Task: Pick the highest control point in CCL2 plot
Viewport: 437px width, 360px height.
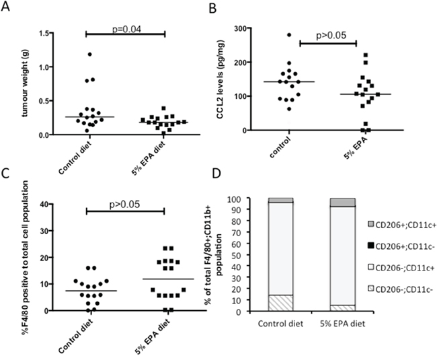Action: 290,34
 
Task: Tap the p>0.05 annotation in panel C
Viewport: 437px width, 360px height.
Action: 125,201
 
